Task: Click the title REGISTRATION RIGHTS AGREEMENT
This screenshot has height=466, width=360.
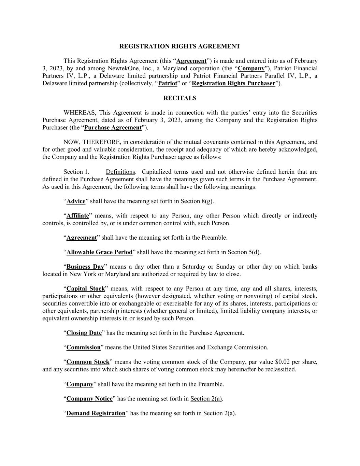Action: (x=180, y=46)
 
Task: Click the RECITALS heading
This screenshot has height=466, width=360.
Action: (x=180, y=98)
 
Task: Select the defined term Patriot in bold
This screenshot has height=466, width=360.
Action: (x=168, y=84)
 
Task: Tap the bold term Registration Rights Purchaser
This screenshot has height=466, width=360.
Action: (x=233, y=84)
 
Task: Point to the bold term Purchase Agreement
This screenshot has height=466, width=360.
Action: (x=113, y=128)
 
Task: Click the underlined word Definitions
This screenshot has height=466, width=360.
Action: (x=120, y=172)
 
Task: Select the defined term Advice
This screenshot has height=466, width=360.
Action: (x=76, y=201)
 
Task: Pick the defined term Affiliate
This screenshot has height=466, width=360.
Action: (x=77, y=216)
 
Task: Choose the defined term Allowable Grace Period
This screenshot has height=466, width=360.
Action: (x=99, y=253)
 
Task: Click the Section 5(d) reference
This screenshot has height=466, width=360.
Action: (x=244, y=253)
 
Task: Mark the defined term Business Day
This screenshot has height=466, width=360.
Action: (x=85, y=267)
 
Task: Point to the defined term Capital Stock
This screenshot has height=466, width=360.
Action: (x=86, y=289)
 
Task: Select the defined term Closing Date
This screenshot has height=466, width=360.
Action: (x=84, y=333)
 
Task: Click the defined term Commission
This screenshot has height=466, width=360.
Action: (x=83, y=348)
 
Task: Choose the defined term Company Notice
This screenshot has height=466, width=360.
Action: (x=89, y=399)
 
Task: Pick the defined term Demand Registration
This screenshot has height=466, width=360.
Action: (x=96, y=413)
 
